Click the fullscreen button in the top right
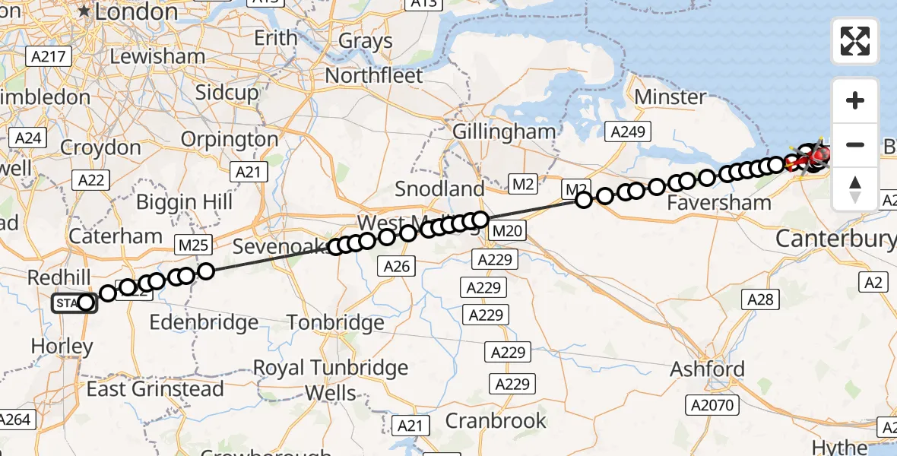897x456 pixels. (855, 41)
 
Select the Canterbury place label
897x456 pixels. (835, 239)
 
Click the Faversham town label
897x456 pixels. (719, 203)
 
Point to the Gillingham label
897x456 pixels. (504, 131)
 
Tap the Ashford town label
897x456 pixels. (707, 369)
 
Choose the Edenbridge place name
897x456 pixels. (204, 322)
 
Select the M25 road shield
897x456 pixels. (192, 245)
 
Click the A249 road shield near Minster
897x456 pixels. (629, 132)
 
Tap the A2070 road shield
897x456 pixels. (712, 405)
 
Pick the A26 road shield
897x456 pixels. (397, 265)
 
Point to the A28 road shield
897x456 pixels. (760, 299)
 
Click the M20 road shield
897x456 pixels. (507, 230)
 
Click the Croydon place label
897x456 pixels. (100, 147)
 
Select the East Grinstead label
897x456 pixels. (155, 389)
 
